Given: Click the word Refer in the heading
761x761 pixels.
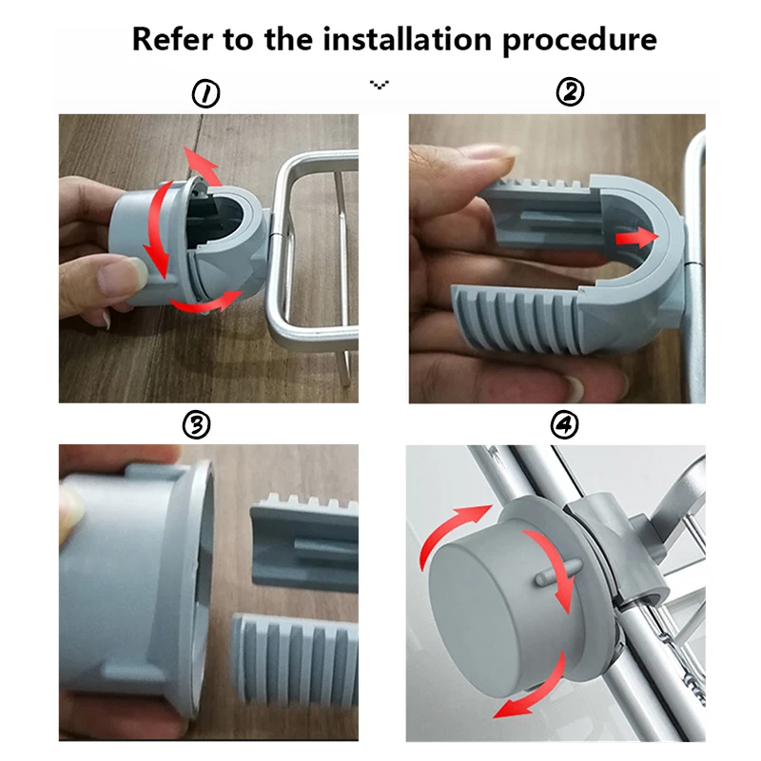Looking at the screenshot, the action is pyautogui.click(x=172, y=39).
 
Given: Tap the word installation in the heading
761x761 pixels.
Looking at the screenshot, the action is pyautogui.click(x=407, y=39).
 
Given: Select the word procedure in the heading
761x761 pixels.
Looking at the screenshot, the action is pyautogui.click(x=579, y=41).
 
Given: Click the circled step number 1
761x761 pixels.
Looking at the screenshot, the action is pyautogui.click(x=205, y=93).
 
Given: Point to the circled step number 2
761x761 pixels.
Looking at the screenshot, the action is pyautogui.click(x=570, y=92).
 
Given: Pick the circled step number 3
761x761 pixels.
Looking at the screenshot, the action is pyautogui.click(x=196, y=425).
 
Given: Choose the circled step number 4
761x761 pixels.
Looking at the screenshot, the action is pyautogui.click(x=565, y=424).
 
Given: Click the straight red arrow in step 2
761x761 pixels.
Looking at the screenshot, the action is pyautogui.click(x=636, y=238).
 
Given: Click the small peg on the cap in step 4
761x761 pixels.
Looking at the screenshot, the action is pyautogui.click(x=558, y=572).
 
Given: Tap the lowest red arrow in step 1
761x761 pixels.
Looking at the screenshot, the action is pyautogui.click(x=206, y=302).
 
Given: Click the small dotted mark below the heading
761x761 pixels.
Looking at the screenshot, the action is pyautogui.click(x=379, y=85).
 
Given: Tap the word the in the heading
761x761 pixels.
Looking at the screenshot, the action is pyautogui.click(x=289, y=39).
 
